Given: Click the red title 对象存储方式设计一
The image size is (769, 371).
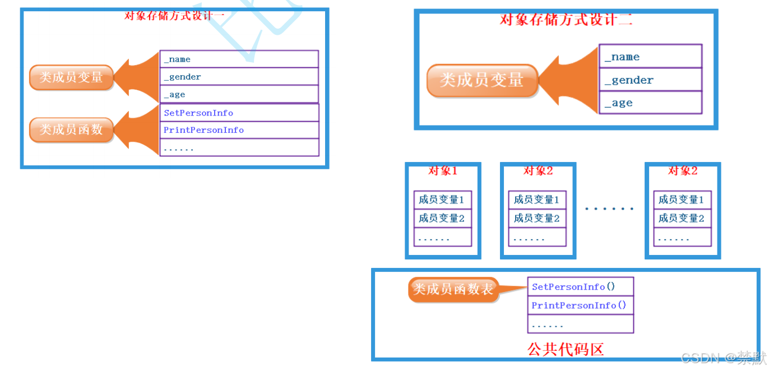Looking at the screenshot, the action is (x=174, y=16).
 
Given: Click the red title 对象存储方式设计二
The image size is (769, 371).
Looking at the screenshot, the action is (x=566, y=20).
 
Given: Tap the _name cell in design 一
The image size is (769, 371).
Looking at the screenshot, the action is (x=239, y=59).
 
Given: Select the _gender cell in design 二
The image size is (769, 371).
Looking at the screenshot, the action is (x=651, y=80).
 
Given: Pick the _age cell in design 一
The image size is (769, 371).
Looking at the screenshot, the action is (x=239, y=94).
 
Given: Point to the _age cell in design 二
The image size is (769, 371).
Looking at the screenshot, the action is (x=651, y=102).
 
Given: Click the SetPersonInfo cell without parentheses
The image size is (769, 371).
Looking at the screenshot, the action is (x=239, y=113).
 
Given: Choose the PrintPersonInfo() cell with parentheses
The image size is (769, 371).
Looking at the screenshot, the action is (x=581, y=305).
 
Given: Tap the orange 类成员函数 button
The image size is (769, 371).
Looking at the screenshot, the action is (x=71, y=129).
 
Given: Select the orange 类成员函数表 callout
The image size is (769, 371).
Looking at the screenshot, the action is (x=453, y=289).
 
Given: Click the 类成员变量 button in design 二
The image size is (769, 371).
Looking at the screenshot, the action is (x=482, y=80).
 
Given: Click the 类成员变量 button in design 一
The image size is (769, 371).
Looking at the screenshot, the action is (x=71, y=77).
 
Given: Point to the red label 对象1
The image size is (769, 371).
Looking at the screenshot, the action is (x=443, y=170).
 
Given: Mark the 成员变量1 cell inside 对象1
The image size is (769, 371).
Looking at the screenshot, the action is (x=443, y=200).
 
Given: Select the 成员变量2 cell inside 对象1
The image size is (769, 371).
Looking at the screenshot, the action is (x=443, y=218).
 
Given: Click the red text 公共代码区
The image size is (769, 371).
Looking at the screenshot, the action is (x=566, y=349).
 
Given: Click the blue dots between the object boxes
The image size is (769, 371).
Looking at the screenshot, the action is (x=609, y=208).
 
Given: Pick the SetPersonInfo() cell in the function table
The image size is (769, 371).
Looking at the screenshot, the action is (x=581, y=286).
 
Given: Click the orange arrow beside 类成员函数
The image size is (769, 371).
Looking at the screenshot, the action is (x=137, y=129).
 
